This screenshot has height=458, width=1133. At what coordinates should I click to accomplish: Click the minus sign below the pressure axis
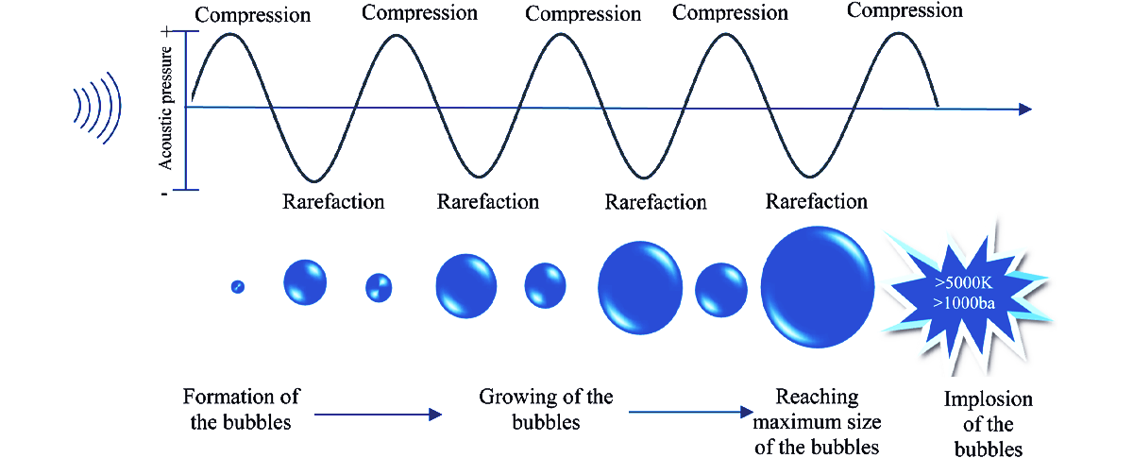coord(166,193)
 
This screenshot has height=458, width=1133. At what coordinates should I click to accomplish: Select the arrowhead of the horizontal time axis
coord(1024,110)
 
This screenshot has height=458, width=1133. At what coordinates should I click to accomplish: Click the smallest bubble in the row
coord(237,286)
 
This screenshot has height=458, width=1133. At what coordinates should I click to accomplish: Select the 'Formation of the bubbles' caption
coord(240,409)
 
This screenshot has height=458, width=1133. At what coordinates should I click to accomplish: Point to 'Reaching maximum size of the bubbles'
coord(818,420)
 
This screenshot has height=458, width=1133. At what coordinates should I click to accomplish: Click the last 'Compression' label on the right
coord(905,11)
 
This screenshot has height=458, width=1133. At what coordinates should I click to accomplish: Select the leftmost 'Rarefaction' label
coord(333,202)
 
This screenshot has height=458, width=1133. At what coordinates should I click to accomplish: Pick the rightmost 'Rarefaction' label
coord(816,201)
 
